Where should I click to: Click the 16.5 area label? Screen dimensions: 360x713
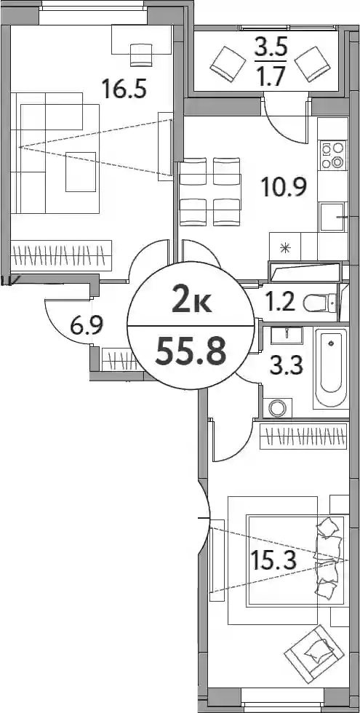point(124,88)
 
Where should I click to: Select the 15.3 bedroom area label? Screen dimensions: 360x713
point(273,559)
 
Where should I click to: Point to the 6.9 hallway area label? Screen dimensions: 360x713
point(87,325)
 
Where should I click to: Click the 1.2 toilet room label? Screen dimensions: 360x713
point(281,303)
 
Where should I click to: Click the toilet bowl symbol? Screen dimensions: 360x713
point(321,303)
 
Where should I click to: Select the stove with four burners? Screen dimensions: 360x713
point(333,156)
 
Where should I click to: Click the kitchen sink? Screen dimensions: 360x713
point(333,218)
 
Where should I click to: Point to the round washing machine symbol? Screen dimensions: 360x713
point(276,407)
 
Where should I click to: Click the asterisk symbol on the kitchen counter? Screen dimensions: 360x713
point(285,248)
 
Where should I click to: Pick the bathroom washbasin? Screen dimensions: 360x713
point(287,335)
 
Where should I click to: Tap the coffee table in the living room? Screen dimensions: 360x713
point(81,172)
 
